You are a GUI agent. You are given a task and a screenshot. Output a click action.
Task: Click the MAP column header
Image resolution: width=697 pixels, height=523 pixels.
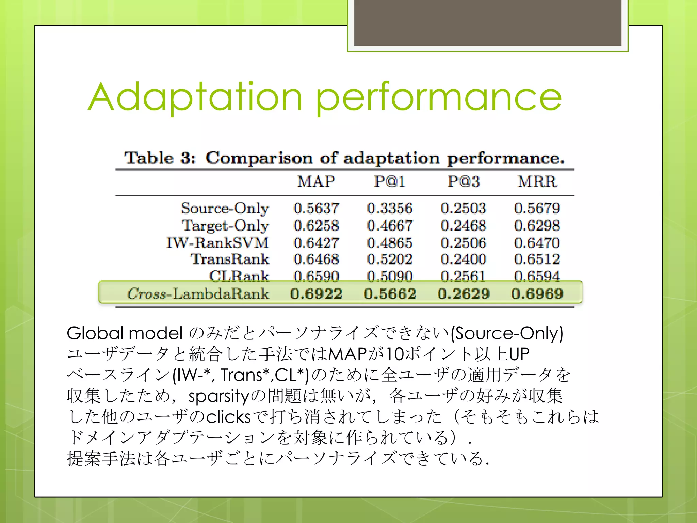pos(316,181)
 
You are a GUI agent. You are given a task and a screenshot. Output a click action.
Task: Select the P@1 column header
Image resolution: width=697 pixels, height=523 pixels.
pos(390,181)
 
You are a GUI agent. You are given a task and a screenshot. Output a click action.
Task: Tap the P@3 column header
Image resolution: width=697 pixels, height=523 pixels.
pos(464,181)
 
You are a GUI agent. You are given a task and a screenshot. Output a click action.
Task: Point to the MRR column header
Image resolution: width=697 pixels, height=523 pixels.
pos(537,181)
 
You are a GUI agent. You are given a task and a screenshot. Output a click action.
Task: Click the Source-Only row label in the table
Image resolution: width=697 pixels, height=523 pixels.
pos(225,208)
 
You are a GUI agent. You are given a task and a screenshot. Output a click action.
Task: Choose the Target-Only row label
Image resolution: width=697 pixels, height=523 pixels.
pos(225,226)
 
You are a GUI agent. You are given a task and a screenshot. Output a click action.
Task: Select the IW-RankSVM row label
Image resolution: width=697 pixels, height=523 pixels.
pos(217,243)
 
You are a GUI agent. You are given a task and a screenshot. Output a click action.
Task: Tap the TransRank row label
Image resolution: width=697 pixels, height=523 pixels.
pos(230,259)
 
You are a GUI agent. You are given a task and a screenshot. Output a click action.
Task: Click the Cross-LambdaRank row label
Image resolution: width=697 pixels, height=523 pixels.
pos(198,294)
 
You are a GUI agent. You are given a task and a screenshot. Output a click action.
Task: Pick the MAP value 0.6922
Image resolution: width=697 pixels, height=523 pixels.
pos(316,294)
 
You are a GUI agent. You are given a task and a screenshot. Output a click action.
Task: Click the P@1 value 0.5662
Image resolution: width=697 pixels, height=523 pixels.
pos(390,294)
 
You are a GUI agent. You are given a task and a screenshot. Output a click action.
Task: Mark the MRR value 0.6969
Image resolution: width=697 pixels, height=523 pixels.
pos(537,294)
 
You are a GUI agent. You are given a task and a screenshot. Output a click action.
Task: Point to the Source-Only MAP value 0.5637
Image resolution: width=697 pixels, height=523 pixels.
pos(316,208)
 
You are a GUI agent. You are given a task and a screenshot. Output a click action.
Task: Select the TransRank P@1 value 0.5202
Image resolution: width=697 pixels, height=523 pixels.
pos(390,259)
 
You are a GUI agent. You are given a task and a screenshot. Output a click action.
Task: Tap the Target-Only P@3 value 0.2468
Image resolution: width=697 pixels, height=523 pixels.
pos(464,226)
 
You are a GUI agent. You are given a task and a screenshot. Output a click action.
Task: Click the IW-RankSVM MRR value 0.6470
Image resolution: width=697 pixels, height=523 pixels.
pos(537,243)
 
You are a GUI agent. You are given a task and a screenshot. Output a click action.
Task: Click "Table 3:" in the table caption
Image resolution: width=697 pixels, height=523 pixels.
pos(160,158)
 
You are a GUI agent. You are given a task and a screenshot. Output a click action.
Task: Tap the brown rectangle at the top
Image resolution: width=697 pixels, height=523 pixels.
pos(488,22)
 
